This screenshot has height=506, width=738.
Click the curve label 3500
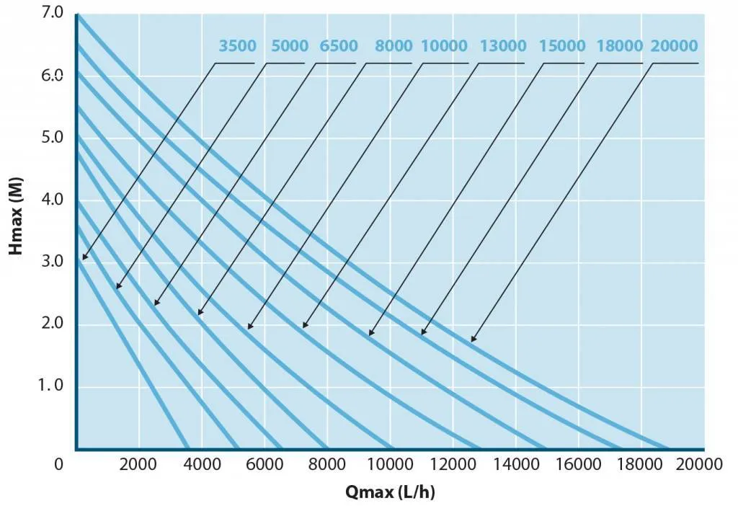click(x=237, y=46)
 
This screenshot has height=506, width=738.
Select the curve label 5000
click(x=290, y=46)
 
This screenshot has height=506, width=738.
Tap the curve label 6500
click(x=339, y=46)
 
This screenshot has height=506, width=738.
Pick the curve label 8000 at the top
click(x=394, y=46)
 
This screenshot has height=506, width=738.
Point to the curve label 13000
click(x=503, y=46)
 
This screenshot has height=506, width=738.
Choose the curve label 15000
click(x=562, y=46)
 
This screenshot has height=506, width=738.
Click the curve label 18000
click(x=620, y=46)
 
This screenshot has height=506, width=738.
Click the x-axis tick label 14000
click(x=516, y=464)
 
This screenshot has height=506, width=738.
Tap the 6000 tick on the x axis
click(x=264, y=464)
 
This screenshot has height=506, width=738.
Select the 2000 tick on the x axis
click(x=139, y=464)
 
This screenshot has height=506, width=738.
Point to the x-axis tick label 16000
click(x=579, y=464)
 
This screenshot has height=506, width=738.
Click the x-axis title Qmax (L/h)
click(x=390, y=492)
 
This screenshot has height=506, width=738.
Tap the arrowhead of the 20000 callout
click(x=472, y=340)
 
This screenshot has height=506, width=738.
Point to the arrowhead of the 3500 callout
click(x=84, y=258)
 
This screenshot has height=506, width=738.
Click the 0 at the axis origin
click(x=59, y=464)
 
